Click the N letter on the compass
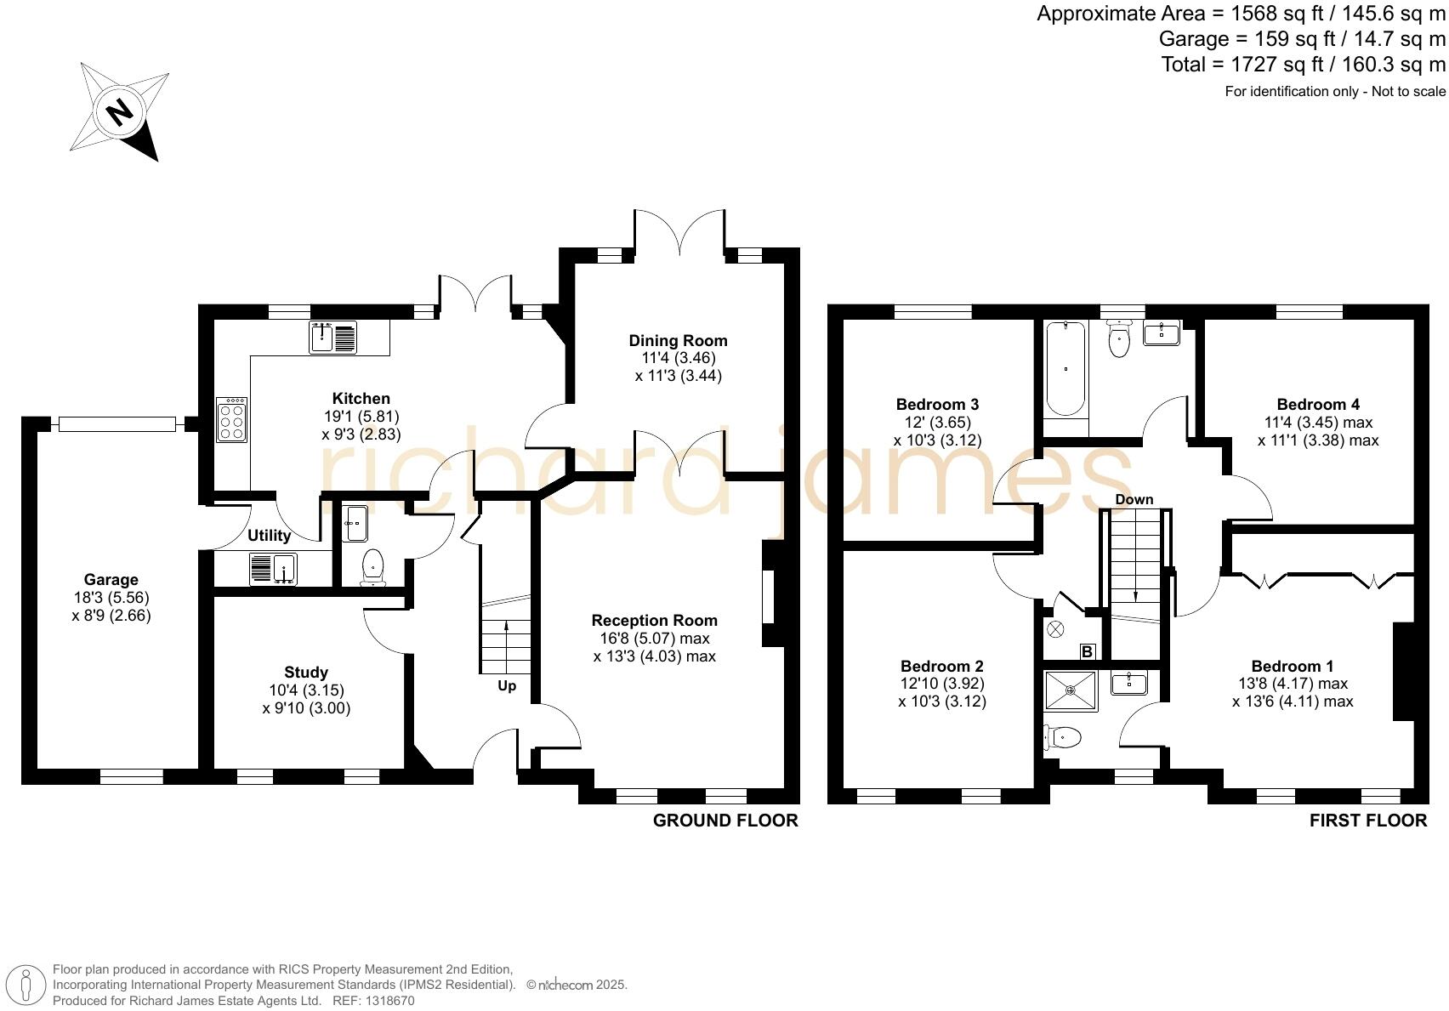[120, 111]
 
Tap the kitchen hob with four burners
[231, 419]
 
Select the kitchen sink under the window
[332, 337]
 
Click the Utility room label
[269, 536]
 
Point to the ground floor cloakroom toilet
[372, 567]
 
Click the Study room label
[306, 672]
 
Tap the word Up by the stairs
[506, 685]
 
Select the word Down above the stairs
[1134, 499]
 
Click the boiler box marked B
[1088, 652]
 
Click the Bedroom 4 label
[1311, 404]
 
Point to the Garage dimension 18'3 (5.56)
[111, 598]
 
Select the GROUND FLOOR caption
[725, 821]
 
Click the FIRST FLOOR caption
[1367, 821]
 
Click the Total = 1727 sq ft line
[1303, 64]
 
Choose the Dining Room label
[678, 340]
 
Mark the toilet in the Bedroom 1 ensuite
[1063, 738]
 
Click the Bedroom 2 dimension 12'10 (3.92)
[942, 684]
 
